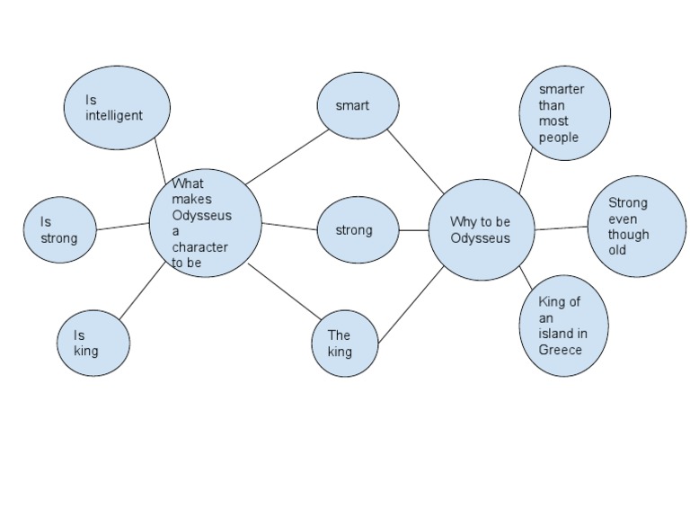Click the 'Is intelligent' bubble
pos(117,108)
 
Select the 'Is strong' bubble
pos(60,230)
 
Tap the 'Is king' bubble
pos(94,343)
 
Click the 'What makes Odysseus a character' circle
pos(205,223)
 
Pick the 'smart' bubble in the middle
pos(358,106)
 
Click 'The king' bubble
pos(345,344)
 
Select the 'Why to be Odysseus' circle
pos(481,230)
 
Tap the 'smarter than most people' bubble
pos(564,113)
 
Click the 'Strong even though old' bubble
pos(636,226)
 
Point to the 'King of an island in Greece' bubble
pos(563,326)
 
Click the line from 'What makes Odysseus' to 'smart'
pos(287,156)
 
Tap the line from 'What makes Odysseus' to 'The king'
pos(284,292)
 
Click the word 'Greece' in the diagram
pos(560,350)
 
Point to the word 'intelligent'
pos(114,116)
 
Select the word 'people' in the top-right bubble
pos(558,138)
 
